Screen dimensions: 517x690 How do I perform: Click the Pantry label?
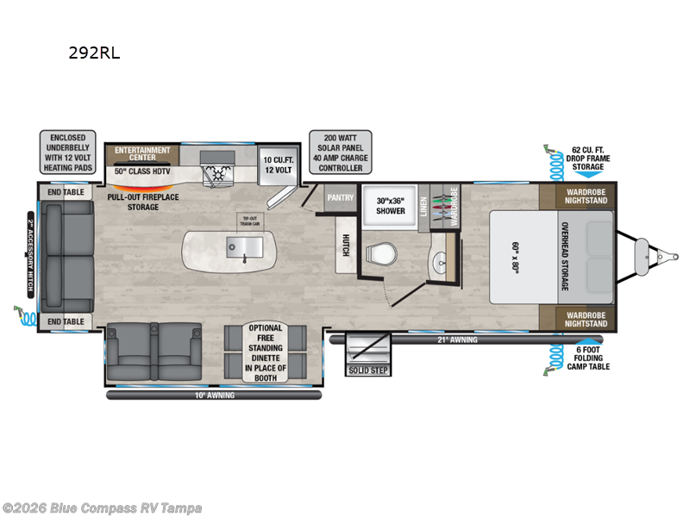tap(340, 197)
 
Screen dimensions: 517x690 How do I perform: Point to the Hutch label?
tap(345, 244)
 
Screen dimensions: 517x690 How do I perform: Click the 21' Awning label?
tap(457, 339)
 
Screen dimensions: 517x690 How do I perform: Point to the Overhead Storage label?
tap(565, 256)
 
